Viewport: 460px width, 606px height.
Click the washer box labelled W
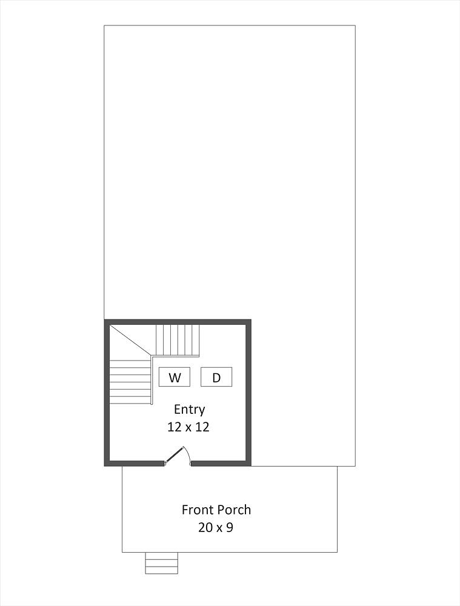click(x=175, y=377)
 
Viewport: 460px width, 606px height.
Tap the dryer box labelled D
click(x=216, y=377)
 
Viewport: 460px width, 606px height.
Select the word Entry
click(x=190, y=410)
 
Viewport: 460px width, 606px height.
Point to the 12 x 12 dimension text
click(x=188, y=427)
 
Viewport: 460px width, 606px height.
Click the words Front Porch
click(x=216, y=510)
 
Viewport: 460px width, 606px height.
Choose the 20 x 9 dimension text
click(x=216, y=527)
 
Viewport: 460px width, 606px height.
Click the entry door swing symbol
click(x=176, y=456)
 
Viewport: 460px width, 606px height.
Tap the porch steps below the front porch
click(x=162, y=563)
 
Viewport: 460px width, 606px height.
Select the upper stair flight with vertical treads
click(x=178, y=340)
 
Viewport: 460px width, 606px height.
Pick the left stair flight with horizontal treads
click(x=130, y=382)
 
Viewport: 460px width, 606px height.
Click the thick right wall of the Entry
click(x=248, y=393)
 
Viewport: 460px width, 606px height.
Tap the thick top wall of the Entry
click(x=178, y=322)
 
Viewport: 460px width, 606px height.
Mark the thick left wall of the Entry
click(x=107, y=393)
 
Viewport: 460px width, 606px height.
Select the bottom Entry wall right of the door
click(x=221, y=464)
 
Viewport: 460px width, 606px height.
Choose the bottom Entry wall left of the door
click(x=134, y=464)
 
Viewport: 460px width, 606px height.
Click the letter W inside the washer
click(x=175, y=378)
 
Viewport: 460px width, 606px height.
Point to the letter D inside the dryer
click(x=216, y=378)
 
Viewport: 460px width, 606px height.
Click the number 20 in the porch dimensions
click(x=205, y=527)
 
